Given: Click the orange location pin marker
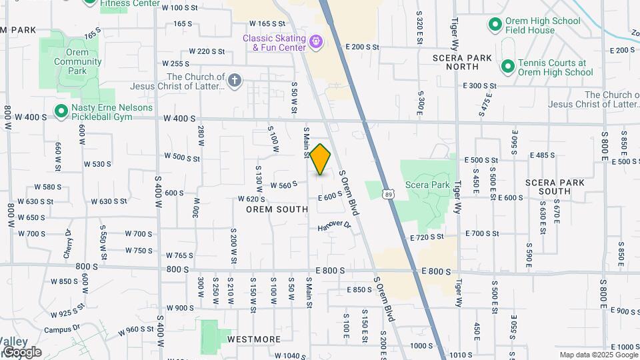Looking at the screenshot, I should [321, 159].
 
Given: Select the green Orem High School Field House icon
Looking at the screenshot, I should [495, 25].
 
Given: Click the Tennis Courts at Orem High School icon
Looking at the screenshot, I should [507, 67].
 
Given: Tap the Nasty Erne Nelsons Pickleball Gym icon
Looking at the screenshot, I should [61, 111].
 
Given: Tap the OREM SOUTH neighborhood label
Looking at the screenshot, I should [277, 209].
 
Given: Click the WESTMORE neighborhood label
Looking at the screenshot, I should [254, 339].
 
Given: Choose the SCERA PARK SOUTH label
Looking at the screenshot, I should [557, 186].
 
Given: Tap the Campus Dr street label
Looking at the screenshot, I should [61, 329].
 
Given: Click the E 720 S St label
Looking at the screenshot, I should [427, 237].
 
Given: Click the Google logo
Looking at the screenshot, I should [21, 352].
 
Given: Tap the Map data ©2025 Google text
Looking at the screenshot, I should [597, 355].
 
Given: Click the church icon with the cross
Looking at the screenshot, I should [234, 81].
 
